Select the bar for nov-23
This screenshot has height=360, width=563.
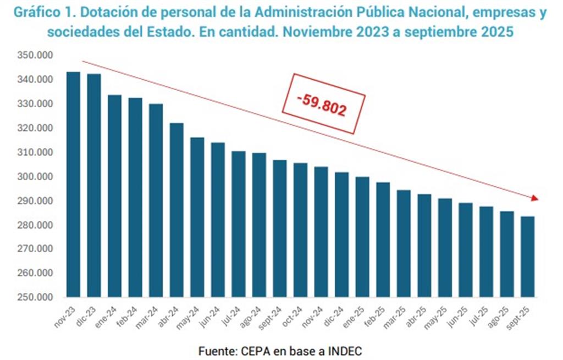[73, 184]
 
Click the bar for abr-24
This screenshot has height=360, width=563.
[176, 209]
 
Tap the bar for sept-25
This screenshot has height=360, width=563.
[527, 256]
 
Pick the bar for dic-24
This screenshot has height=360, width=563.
[342, 234]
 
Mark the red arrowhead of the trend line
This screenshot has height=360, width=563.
[535, 198]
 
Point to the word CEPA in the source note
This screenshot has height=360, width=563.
[255, 350]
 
